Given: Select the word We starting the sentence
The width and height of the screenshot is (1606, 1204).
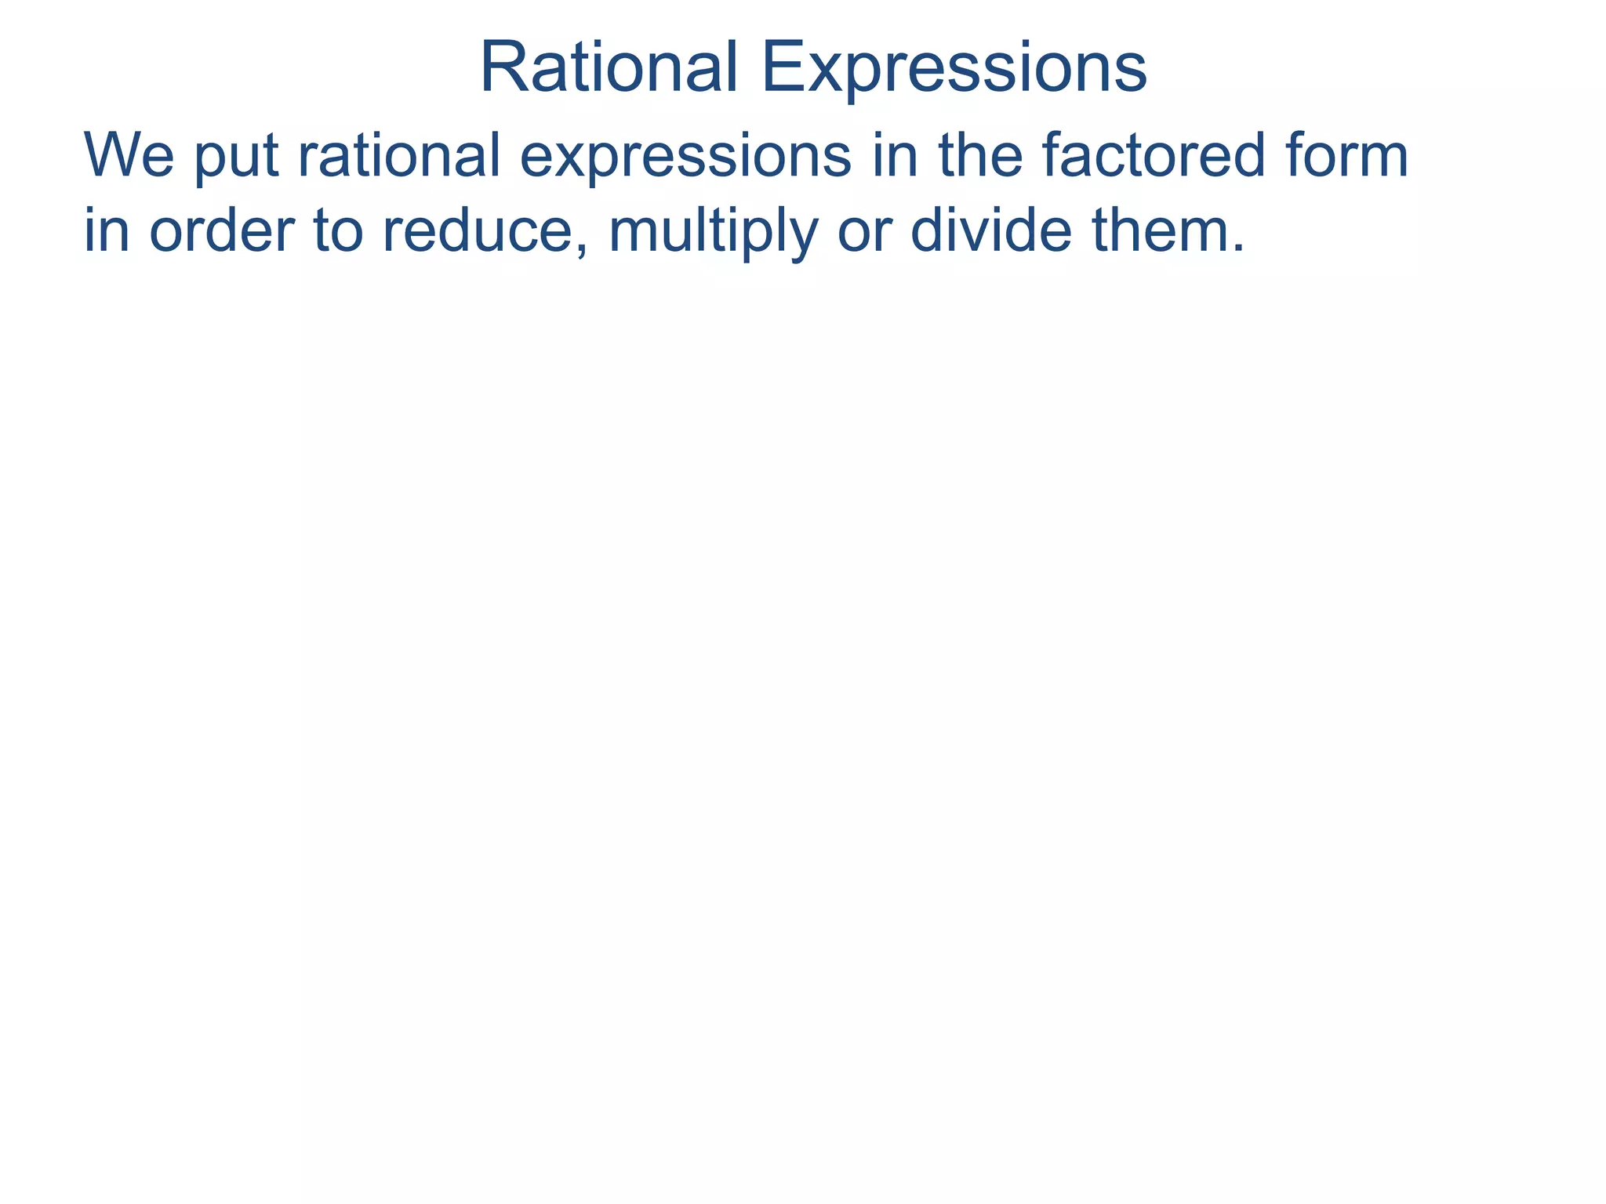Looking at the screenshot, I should coord(129,157).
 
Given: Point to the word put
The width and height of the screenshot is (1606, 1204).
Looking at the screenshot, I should coord(236,160).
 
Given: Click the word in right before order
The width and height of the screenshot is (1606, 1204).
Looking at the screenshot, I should coord(107,231).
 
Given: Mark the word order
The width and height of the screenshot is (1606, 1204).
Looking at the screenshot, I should coord(220,231).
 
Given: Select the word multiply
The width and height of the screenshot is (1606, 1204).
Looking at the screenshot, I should coord(712,233).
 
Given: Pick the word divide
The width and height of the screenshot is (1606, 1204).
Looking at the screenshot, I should coord(990,231).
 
